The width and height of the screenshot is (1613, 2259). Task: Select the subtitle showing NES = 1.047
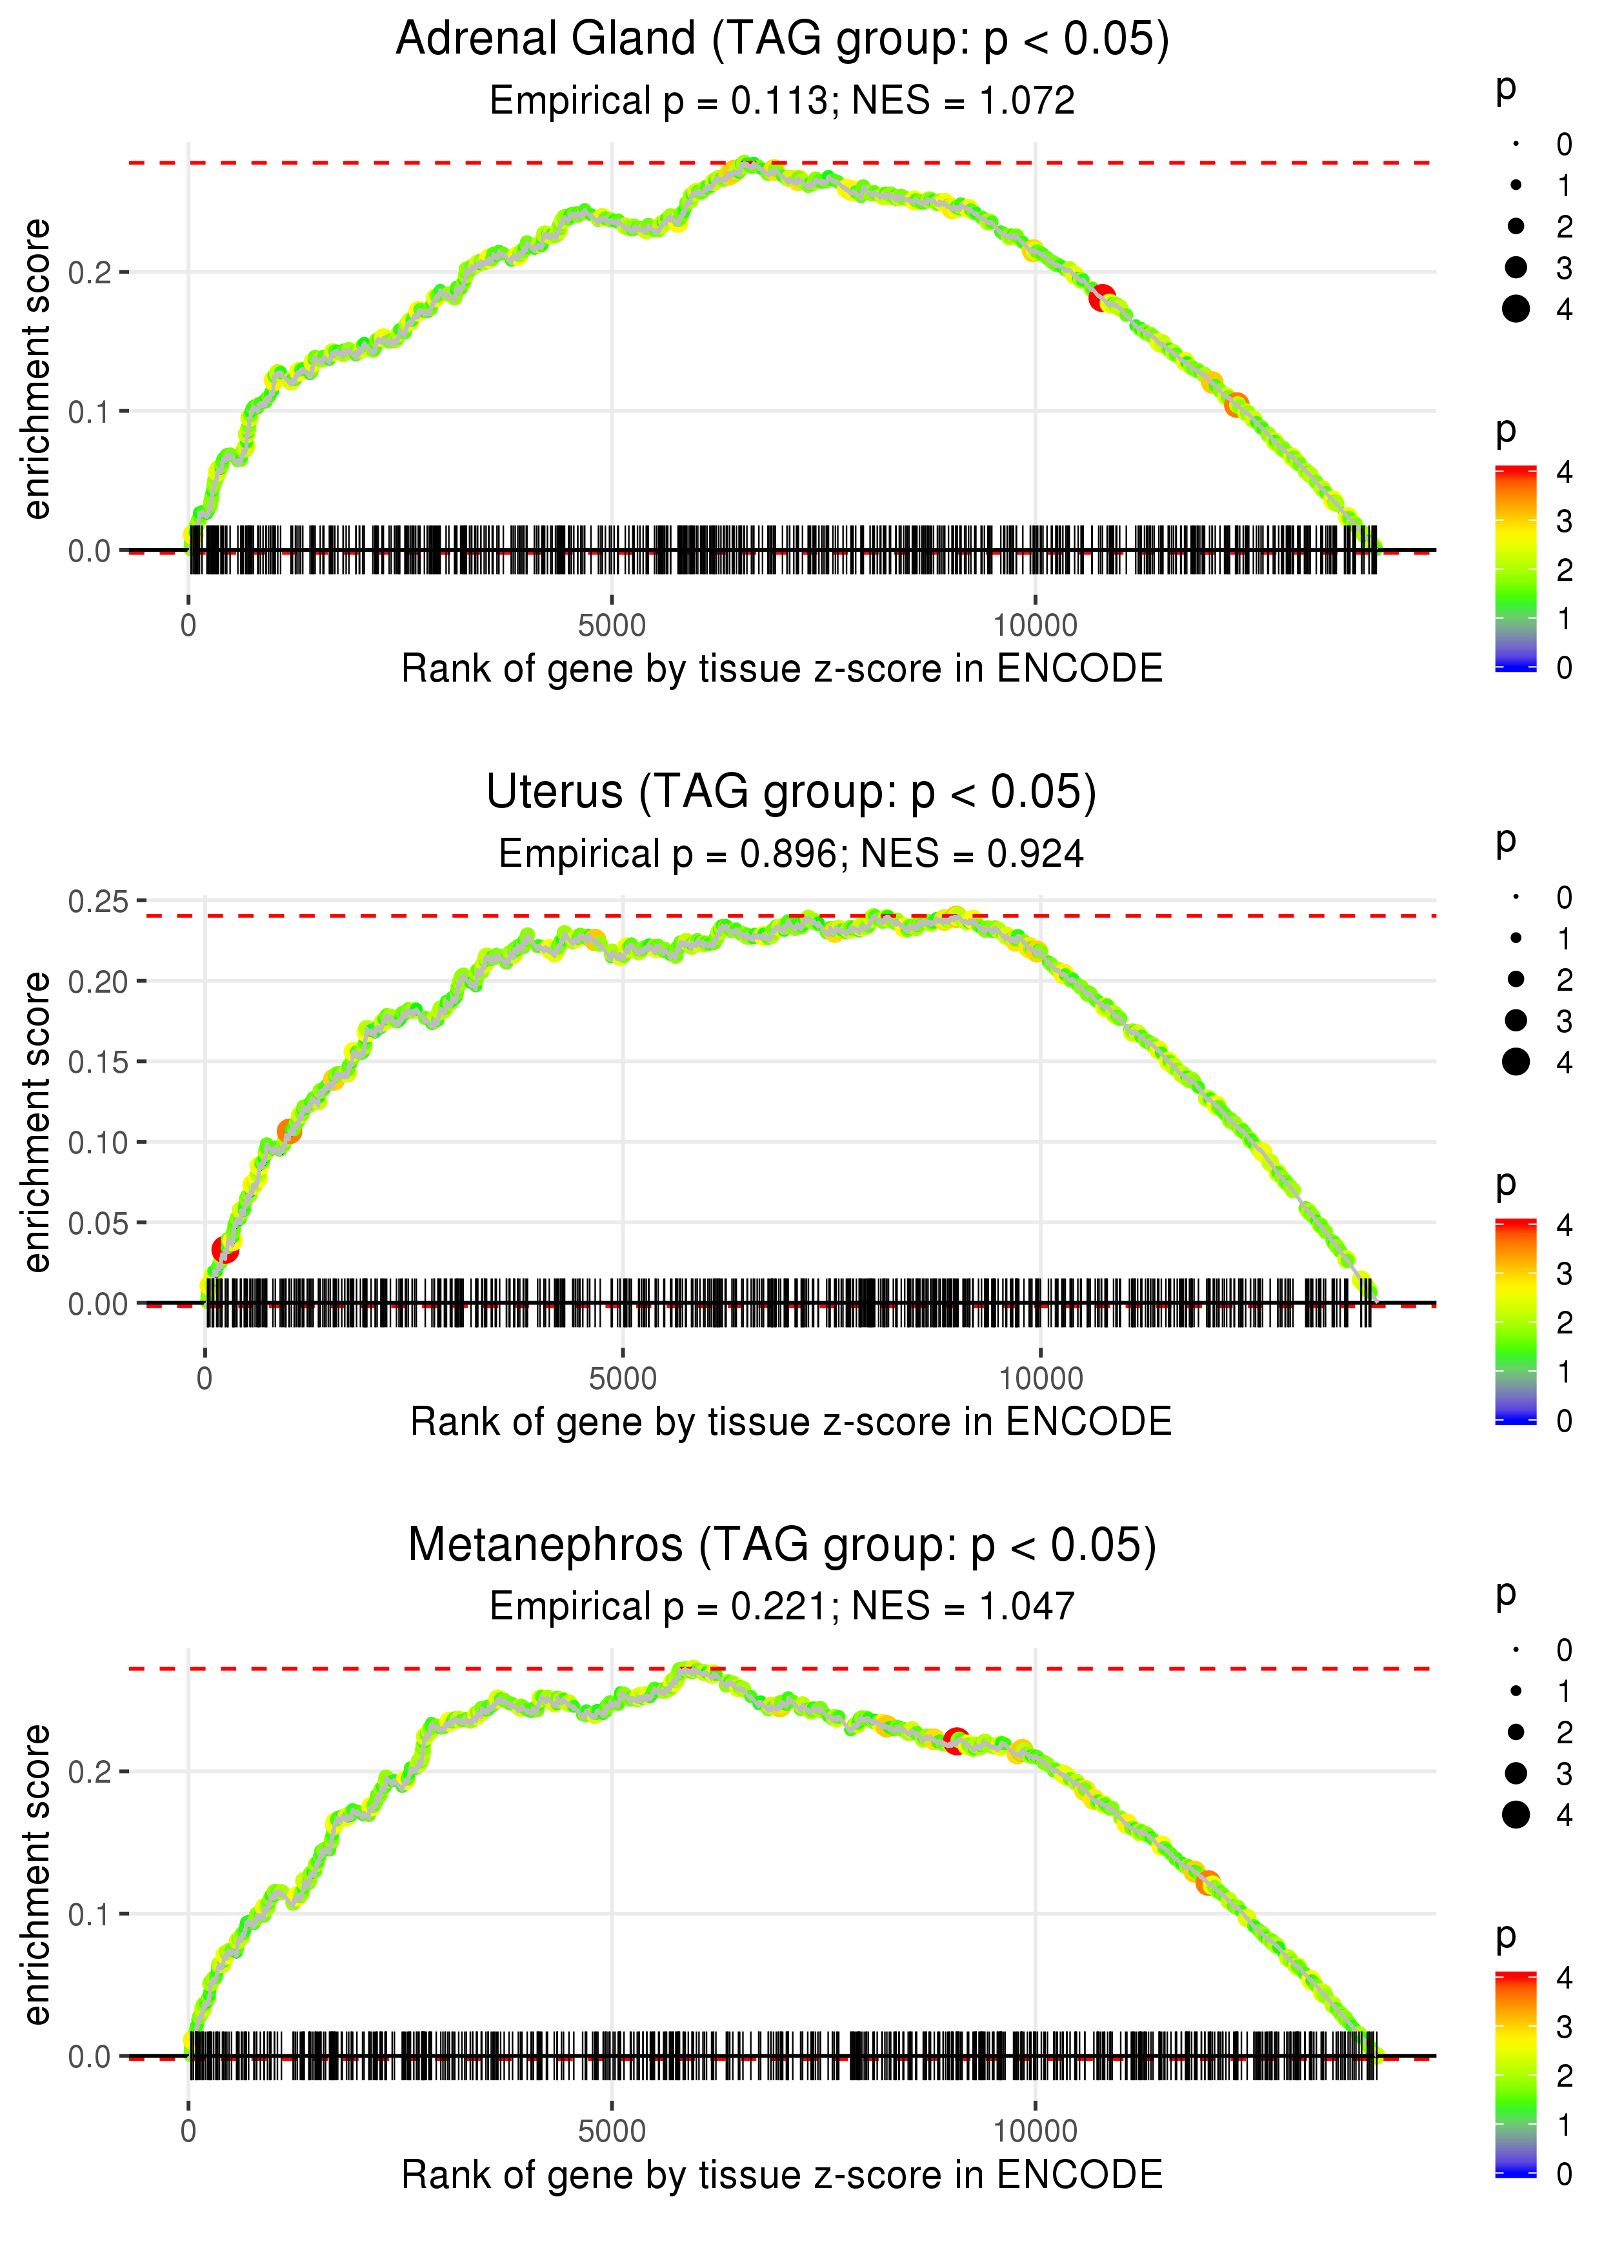(782, 1607)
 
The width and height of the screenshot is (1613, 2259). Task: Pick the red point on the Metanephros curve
(956, 1741)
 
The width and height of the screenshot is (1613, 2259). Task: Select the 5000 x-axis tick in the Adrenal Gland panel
(612, 626)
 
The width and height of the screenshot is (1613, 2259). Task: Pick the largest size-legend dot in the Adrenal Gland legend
(1516, 309)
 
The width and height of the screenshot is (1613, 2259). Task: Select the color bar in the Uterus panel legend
(1515, 1321)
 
